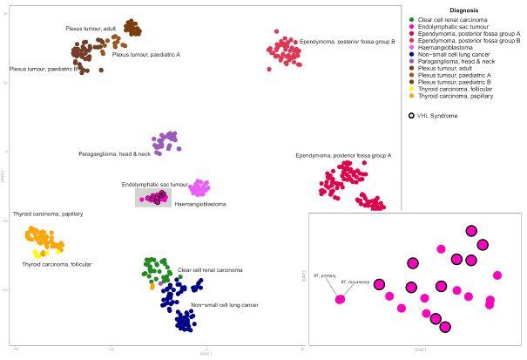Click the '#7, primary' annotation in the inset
(x=323, y=276)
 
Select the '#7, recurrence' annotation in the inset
(x=355, y=282)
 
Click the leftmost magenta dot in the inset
(x=340, y=300)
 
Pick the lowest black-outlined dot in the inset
(x=445, y=327)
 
